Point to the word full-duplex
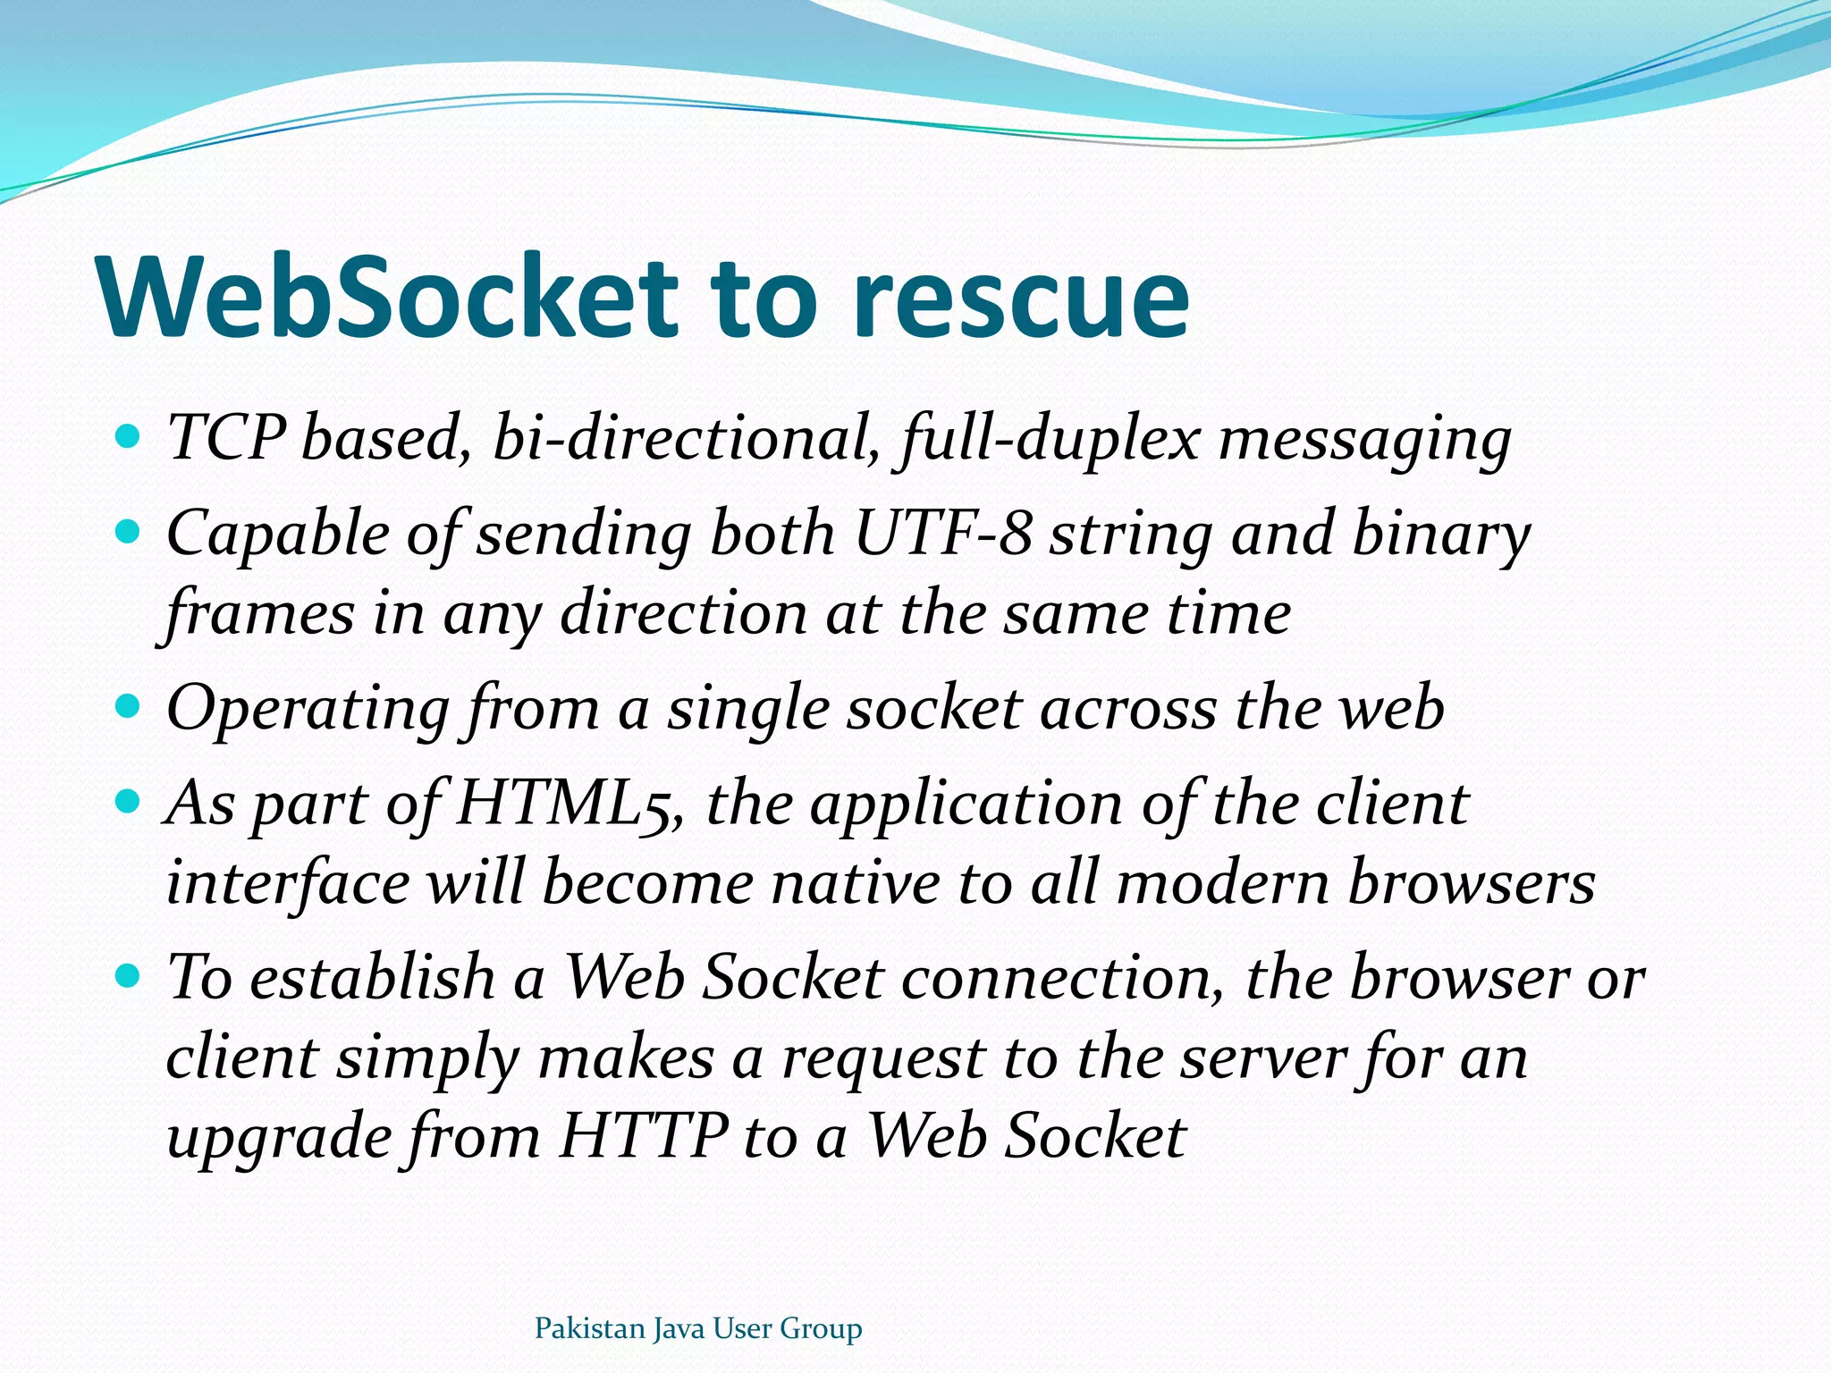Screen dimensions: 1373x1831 [1051, 439]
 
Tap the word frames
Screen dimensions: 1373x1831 [259, 615]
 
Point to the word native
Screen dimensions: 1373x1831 [855, 883]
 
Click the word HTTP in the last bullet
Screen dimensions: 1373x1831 [644, 1137]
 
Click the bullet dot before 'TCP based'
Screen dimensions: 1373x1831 [129, 437]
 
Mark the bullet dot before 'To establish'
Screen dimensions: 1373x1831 [129, 975]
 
